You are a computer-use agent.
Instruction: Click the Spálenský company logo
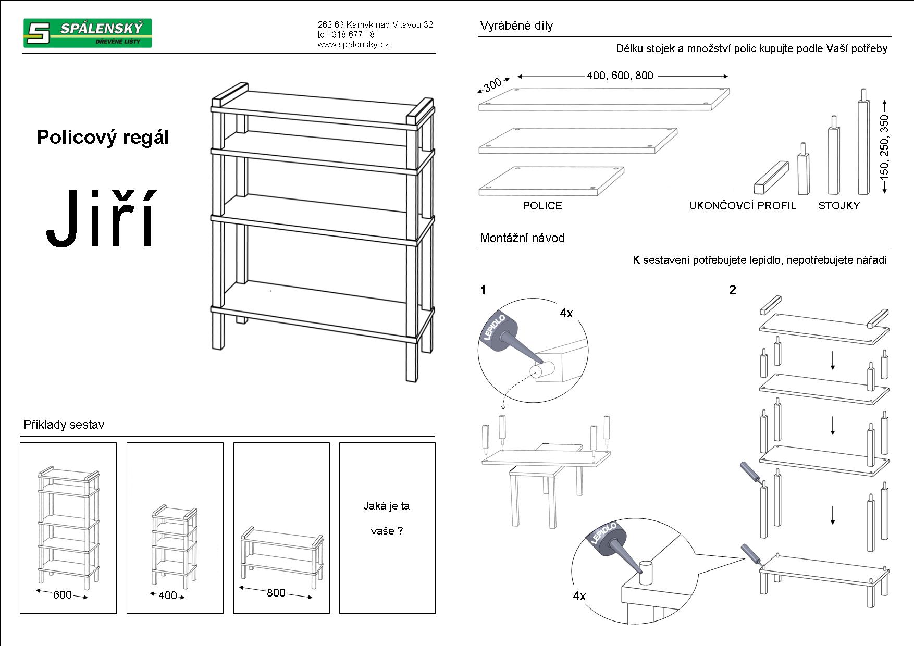click(87, 33)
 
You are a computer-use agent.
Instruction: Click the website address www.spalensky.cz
click(353, 45)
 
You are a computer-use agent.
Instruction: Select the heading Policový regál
click(103, 137)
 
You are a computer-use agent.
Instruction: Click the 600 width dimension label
click(62, 594)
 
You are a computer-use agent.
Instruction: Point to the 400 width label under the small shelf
click(167, 595)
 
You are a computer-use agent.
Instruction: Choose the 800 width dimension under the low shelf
click(276, 592)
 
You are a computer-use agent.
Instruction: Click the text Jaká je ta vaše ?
click(387, 518)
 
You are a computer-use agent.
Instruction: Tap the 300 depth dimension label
click(492, 84)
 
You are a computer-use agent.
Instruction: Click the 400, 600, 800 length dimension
click(620, 76)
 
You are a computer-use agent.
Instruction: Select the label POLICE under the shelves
click(542, 206)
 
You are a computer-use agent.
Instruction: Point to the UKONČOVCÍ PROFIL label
click(743, 206)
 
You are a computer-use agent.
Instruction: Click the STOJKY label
click(838, 206)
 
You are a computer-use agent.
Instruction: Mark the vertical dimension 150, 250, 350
click(884, 147)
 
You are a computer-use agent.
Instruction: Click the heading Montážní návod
click(522, 239)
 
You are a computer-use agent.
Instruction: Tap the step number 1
click(483, 290)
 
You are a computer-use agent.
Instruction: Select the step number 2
click(732, 290)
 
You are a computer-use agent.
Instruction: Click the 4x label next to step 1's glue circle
click(566, 313)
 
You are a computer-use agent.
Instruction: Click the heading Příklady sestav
click(64, 425)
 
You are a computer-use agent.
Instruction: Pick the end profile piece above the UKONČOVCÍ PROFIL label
click(771, 177)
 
